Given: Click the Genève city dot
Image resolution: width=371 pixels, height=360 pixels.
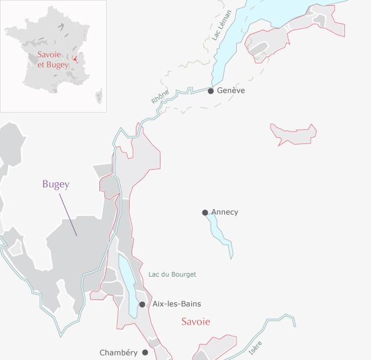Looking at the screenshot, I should [211, 91].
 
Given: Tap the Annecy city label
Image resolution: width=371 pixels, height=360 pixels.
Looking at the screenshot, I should [225, 212].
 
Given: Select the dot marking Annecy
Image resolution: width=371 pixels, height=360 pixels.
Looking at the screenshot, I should [205, 213].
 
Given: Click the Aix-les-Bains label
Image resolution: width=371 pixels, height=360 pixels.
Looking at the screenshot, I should [177, 304].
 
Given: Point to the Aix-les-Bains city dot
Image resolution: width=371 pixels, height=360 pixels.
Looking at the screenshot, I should [142, 305].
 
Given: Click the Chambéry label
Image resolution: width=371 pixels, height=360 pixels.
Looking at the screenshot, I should [118, 353].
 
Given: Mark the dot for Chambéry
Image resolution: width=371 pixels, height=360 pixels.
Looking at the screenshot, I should [145, 353].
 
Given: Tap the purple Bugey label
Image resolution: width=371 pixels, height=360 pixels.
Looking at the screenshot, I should [55, 184].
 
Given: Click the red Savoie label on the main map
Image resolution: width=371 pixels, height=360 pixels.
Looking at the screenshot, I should [196, 322].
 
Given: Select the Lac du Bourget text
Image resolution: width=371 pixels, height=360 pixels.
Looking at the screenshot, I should [172, 274].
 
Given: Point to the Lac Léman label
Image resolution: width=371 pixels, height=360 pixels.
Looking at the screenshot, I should [221, 25].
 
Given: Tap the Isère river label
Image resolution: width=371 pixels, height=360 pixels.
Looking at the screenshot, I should [255, 347].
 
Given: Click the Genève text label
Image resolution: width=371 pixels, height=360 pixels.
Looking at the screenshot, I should [231, 90].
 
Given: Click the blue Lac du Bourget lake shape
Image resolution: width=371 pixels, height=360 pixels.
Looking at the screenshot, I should [128, 283].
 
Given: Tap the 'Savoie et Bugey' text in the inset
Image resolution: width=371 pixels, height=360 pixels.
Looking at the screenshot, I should [53, 59].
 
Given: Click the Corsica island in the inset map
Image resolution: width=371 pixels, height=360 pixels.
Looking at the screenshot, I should [99, 95].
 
